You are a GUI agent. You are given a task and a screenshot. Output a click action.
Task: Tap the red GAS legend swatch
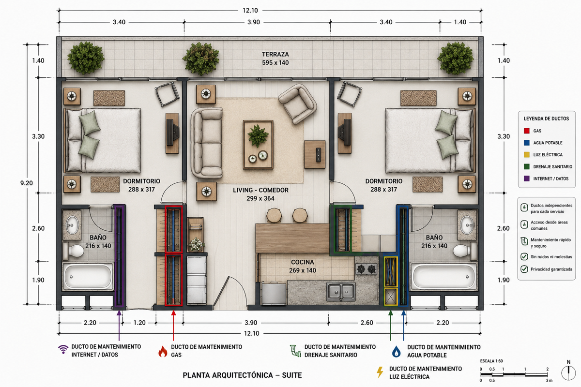527,131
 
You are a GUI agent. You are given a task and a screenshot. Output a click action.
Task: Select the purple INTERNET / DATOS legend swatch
527,179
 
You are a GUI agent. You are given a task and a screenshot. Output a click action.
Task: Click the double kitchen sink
341,292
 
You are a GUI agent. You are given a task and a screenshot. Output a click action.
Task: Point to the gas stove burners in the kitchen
366,269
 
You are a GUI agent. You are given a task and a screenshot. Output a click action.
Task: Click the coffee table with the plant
258,144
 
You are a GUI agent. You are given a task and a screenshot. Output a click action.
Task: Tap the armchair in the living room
297,104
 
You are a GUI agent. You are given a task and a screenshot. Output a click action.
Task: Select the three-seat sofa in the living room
207,143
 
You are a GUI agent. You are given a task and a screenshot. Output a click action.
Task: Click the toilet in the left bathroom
73,251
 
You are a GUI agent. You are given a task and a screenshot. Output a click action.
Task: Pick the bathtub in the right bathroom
443,277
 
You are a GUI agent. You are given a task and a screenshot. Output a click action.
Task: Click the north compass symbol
568,372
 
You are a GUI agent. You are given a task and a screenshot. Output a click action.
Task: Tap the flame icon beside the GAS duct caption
163,351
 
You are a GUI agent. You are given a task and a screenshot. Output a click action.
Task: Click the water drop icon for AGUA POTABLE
396,352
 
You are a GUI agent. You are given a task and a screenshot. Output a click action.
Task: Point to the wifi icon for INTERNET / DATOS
63,349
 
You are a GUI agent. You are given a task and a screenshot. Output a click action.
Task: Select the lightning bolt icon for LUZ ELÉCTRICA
380,372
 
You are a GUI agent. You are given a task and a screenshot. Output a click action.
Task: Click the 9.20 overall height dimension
27,183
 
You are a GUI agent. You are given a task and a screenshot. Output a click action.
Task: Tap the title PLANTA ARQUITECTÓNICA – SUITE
242,375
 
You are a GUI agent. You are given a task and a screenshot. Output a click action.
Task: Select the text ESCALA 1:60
491,361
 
